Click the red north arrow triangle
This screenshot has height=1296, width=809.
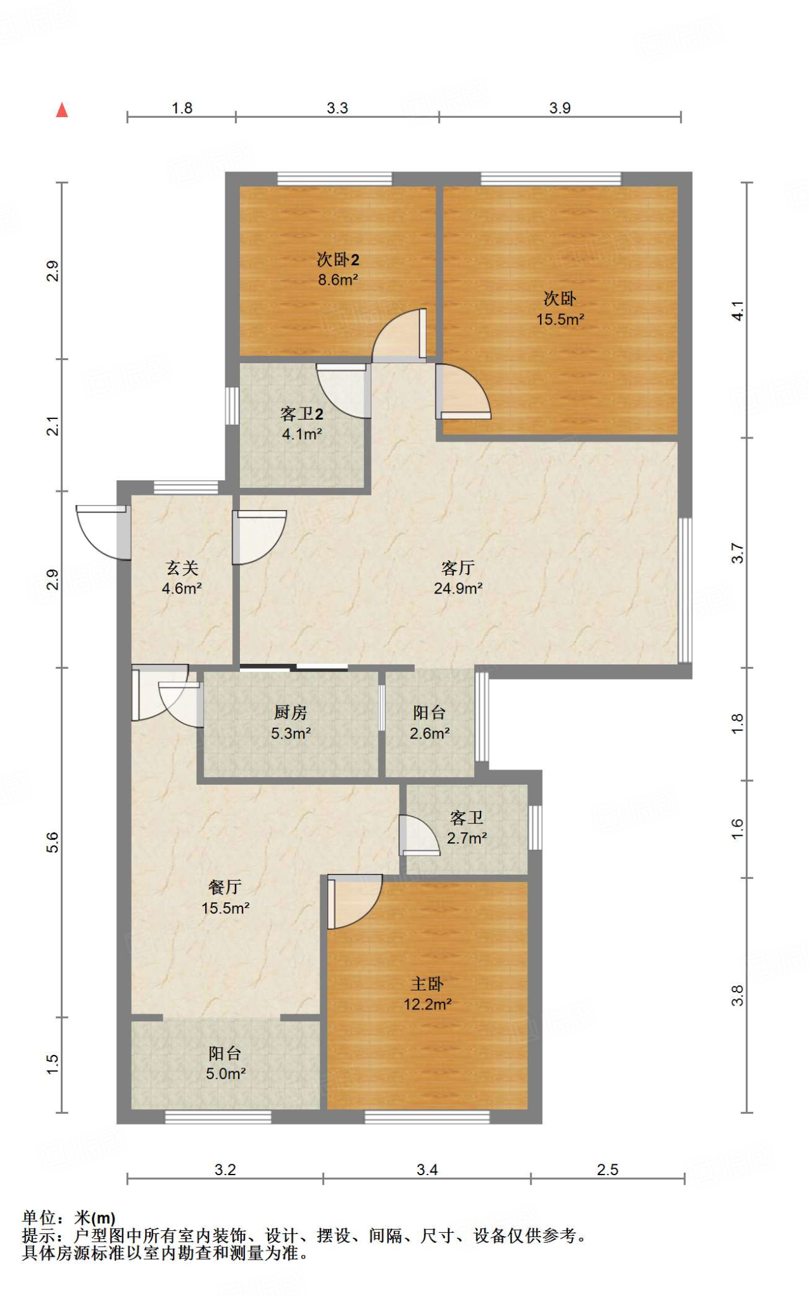click(x=62, y=110)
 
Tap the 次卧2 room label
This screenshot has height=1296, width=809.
click(x=338, y=259)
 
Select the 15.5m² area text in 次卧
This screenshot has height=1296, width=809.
click(x=560, y=320)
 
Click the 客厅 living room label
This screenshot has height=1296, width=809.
click(x=458, y=568)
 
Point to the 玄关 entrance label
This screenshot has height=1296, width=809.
click(x=182, y=568)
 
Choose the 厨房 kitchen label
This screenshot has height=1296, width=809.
click(x=291, y=713)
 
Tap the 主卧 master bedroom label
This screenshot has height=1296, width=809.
click(x=427, y=984)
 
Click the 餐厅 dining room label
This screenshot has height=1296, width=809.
click(x=225, y=887)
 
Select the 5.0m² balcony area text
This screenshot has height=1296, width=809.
click(x=225, y=1073)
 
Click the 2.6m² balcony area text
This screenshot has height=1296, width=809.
click(x=430, y=733)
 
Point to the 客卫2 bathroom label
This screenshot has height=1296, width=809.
click(x=302, y=414)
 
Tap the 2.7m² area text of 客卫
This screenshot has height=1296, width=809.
click(x=467, y=838)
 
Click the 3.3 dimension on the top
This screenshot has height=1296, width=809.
click(x=337, y=108)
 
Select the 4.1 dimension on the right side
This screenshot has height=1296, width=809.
click(x=737, y=311)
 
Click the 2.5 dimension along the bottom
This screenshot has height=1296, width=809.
click(x=608, y=1169)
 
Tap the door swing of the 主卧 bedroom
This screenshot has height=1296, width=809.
click(x=354, y=902)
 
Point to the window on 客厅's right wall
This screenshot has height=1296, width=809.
click(x=685, y=590)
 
